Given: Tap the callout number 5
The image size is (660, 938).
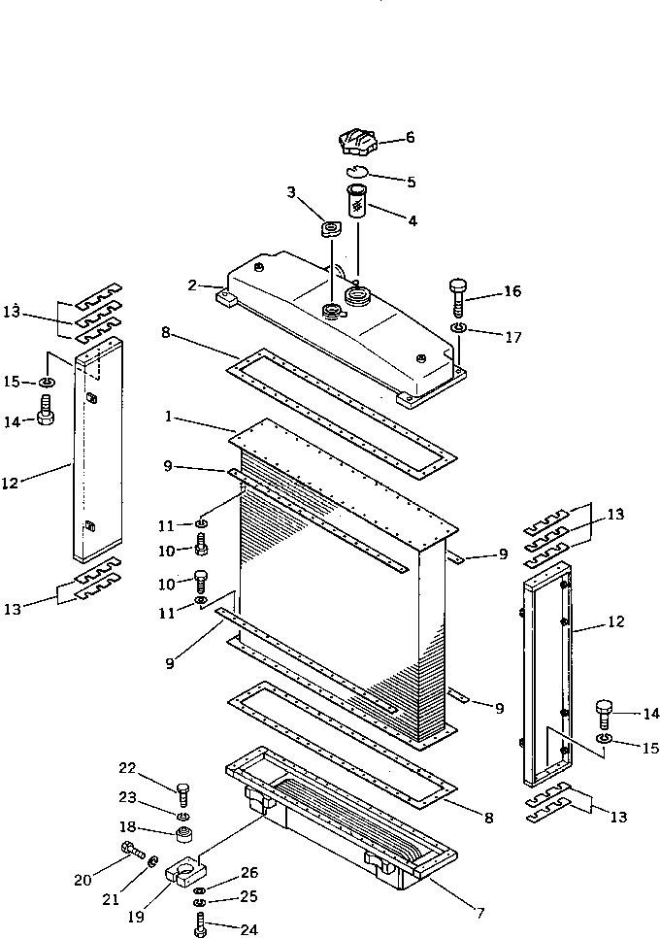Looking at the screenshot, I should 411,181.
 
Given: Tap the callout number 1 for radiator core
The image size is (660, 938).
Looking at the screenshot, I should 168,417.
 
